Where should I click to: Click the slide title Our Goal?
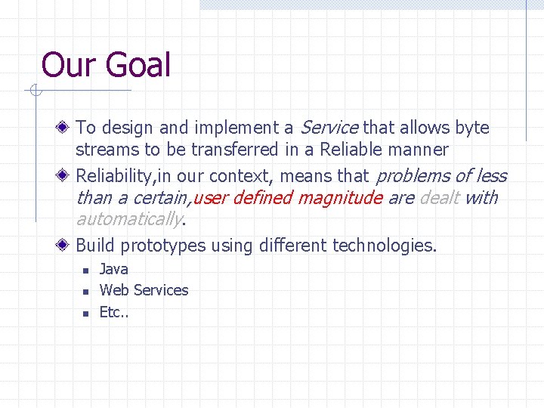106,64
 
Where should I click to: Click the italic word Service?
330,128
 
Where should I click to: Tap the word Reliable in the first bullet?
351,150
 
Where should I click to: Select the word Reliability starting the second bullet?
114,177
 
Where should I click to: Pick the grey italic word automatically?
129,219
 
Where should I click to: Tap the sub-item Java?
114,269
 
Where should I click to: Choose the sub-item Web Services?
144,290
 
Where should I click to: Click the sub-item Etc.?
113,311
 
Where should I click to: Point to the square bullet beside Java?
86,270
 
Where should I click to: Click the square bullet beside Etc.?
86,312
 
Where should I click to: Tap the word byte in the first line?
473,128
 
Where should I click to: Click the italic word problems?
413,177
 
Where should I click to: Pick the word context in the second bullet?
236,177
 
